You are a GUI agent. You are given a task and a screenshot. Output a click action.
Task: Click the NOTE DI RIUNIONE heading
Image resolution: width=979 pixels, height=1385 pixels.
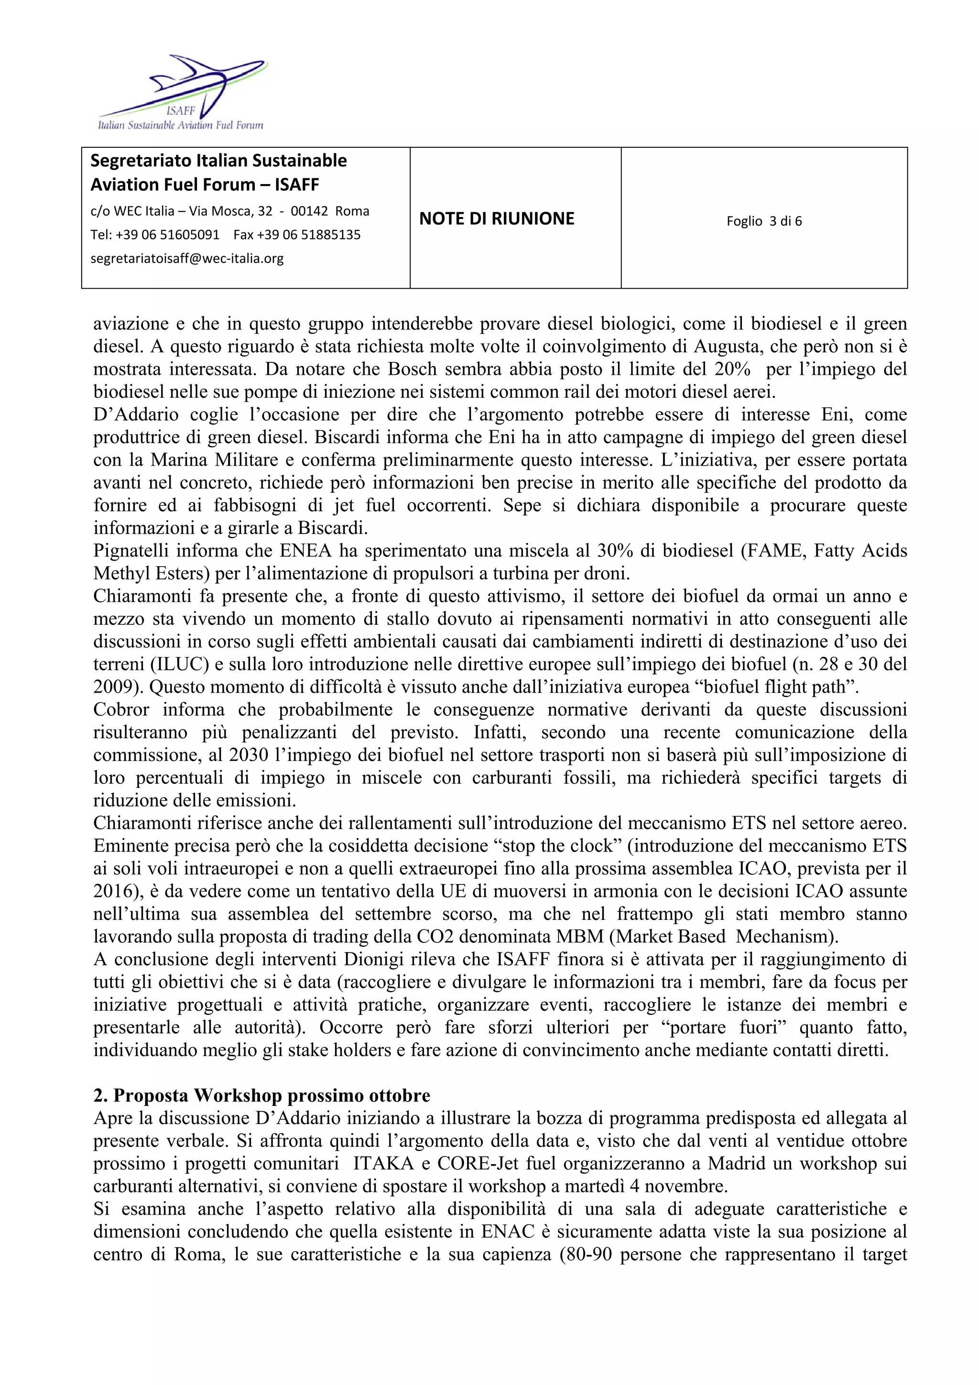point(497,218)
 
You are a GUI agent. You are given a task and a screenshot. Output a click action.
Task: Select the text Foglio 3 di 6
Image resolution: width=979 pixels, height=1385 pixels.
point(764,221)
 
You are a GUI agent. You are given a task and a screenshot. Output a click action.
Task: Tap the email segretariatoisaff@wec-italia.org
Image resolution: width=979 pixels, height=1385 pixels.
point(187,259)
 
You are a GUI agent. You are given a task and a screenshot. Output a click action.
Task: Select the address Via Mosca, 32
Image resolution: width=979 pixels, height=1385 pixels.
point(230,211)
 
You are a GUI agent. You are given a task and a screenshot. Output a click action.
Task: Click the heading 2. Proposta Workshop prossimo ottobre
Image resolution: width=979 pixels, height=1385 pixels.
point(262,1095)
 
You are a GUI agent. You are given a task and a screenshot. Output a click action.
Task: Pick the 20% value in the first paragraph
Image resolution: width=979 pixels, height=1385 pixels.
point(732,369)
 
